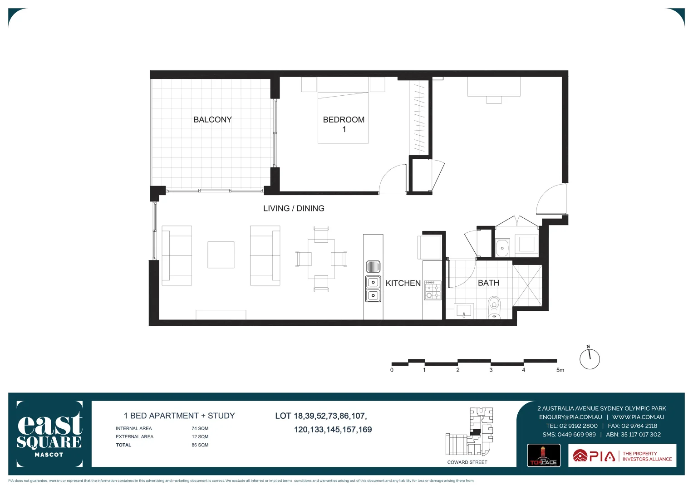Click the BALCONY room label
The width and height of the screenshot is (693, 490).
pyautogui.click(x=212, y=120)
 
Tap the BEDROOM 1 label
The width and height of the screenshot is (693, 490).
pyautogui.click(x=344, y=124)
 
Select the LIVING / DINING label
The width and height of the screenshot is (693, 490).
pyautogui.click(x=294, y=208)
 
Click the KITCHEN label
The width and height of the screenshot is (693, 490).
pyautogui.click(x=403, y=283)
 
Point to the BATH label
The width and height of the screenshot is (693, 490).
pyautogui.click(x=488, y=283)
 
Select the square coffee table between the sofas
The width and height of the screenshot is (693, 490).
pyautogui.click(x=221, y=255)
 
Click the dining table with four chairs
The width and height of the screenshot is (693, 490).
pyautogui.click(x=321, y=259)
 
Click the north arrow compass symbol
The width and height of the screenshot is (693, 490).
pyautogui.click(x=590, y=358)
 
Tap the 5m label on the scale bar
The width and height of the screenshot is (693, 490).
pyautogui.click(x=560, y=370)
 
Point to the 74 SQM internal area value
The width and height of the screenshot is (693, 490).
pyautogui.click(x=200, y=428)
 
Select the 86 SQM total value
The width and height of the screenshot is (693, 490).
pyautogui.click(x=200, y=445)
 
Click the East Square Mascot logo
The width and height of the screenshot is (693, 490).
pyautogui.click(x=49, y=434)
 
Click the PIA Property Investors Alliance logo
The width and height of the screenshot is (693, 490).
pyautogui.click(x=622, y=456)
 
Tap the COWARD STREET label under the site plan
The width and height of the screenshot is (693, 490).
pyautogui.click(x=467, y=462)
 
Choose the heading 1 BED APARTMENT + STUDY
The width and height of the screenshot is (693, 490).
pyautogui.click(x=179, y=416)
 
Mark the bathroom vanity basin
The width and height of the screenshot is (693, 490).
pyautogui.click(x=464, y=311)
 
